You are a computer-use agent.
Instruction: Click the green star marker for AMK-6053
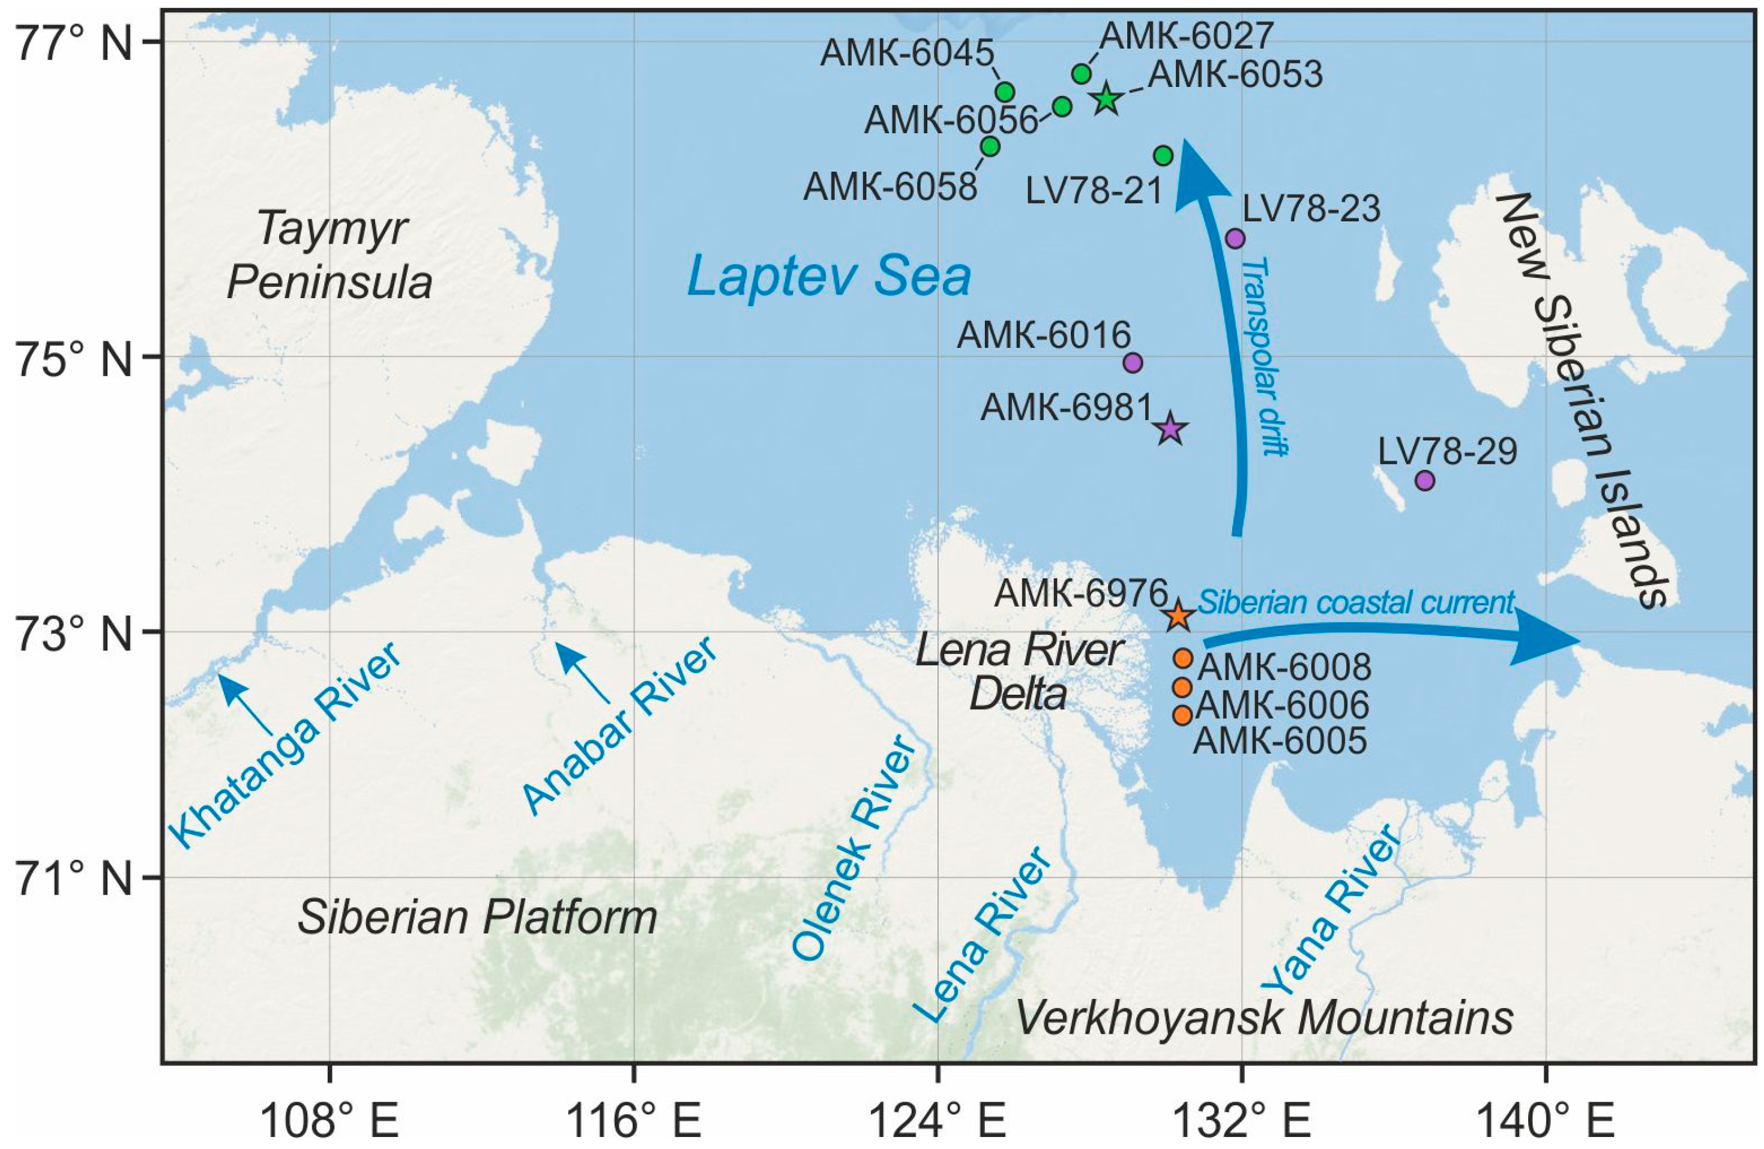[x=1106, y=98]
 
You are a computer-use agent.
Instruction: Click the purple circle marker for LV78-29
[x=1424, y=481]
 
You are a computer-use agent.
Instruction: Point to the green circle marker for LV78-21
[x=1163, y=155]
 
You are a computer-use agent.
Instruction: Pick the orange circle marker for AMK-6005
[x=1182, y=715]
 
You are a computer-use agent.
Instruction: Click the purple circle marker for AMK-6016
[x=1132, y=363]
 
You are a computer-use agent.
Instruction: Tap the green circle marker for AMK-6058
[x=990, y=146]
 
